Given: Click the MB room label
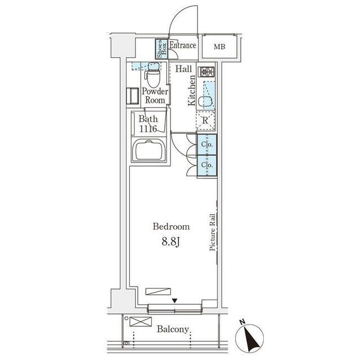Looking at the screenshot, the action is point(219,47).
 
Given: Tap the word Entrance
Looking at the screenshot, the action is point(183,45).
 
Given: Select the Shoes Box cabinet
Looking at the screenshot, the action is point(161,49).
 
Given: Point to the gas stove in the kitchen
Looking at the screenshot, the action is point(208,72).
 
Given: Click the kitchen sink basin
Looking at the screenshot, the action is point(205,102).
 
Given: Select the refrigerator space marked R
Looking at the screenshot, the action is point(205,120).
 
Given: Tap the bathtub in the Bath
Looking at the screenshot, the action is point(149,151).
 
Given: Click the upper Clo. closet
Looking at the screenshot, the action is point(207,145).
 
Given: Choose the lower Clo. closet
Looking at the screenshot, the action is point(207,165).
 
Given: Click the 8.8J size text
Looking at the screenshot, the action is point(171,242).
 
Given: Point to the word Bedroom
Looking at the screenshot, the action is point(171,227).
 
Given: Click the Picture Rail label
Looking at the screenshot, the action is point(213,232).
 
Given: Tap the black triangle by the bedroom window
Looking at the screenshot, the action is point(175,300).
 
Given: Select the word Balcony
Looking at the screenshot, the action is point(173,330).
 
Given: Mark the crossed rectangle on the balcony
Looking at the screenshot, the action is point(141,321).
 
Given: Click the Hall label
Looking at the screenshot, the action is point(184,69).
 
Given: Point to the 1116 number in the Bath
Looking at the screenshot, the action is point(148,129).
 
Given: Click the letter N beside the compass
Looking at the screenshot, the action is point(242,322).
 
